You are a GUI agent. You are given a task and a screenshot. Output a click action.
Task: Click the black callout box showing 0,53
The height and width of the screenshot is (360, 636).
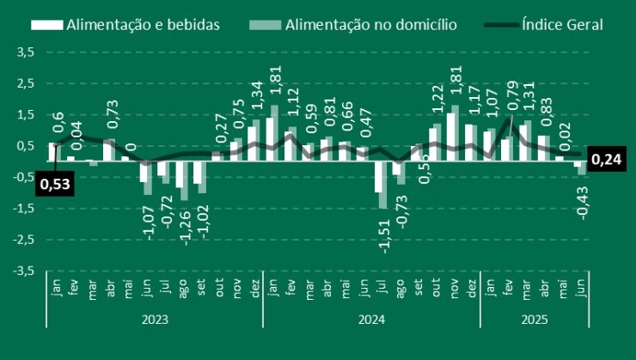(x=56, y=182)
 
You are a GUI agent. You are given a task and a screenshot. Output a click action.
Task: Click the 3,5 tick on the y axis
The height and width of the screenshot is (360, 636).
(x=25, y=52)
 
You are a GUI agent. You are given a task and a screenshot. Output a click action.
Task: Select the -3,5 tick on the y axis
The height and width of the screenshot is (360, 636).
(x=23, y=271)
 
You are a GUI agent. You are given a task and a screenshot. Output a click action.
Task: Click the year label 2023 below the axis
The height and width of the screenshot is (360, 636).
(x=155, y=319)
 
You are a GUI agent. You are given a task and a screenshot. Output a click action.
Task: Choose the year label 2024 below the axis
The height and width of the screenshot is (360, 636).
(x=371, y=319)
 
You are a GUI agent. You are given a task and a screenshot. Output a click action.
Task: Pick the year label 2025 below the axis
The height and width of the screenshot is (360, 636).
(x=534, y=319)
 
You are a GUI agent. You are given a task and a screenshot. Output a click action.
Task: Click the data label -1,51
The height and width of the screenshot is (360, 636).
(x=384, y=235)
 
